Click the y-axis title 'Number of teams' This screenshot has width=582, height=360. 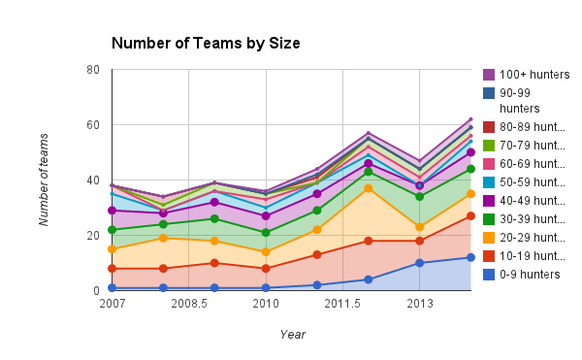pyautogui.click(x=45, y=180)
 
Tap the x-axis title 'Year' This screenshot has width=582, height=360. pyautogui.click(x=292, y=334)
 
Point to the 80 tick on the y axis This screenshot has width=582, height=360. pyautogui.click(x=93, y=70)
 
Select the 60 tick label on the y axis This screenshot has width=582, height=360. pyautogui.click(x=93, y=125)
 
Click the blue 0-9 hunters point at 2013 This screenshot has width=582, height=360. pyautogui.click(x=420, y=263)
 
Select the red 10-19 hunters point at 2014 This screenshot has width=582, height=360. pyautogui.click(x=470, y=215)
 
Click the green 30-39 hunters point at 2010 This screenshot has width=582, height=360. pyautogui.click(x=266, y=233)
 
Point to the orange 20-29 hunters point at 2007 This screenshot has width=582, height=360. pyautogui.click(x=113, y=249)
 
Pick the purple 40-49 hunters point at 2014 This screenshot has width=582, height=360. pyautogui.click(x=470, y=152)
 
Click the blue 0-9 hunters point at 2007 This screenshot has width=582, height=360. pyautogui.click(x=113, y=288)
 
